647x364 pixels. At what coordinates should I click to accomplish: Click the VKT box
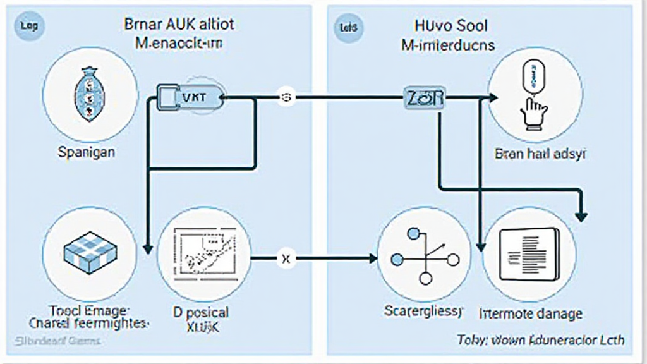click(x=188, y=98)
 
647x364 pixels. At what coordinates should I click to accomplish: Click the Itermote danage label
click(x=531, y=313)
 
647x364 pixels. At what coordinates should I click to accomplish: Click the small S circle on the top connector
click(x=286, y=98)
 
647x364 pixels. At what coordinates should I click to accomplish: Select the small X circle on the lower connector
click(x=286, y=257)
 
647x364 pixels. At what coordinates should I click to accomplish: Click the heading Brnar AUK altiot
click(x=179, y=25)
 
